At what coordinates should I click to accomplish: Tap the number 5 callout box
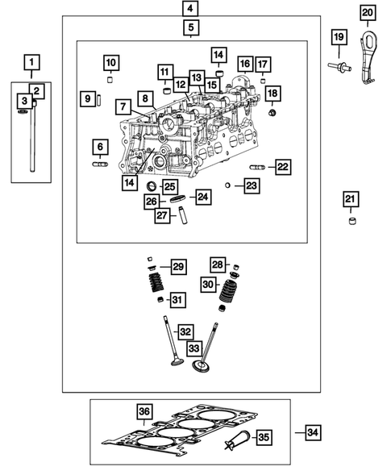click(190, 29)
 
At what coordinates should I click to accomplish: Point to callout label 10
click(110, 63)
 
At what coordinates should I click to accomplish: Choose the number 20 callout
click(367, 13)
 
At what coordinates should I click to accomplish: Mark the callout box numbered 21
click(350, 200)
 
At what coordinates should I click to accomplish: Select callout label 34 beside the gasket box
click(313, 433)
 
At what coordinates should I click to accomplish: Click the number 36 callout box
click(144, 412)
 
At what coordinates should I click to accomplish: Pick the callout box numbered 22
click(282, 167)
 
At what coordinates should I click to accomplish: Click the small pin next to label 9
click(98, 99)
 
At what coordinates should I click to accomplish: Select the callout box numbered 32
click(185, 331)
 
